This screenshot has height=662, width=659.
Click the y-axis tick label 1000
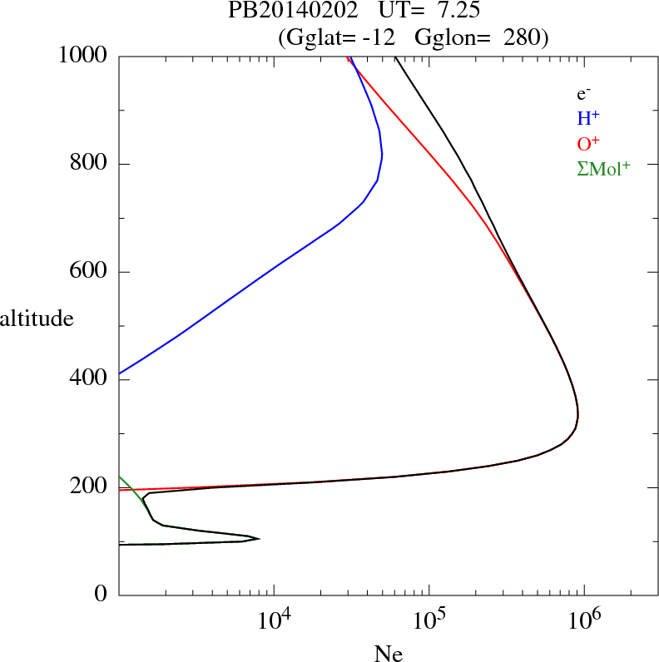point(83,56)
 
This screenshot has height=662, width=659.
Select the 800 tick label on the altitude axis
point(90,164)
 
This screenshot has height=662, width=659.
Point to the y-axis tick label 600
point(90,272)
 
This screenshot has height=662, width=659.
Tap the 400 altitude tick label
point(90,380)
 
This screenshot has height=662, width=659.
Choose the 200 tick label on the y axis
point(90,487)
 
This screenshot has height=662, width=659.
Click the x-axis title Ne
point(389,654)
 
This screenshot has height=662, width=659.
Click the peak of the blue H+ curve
point(381,155)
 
